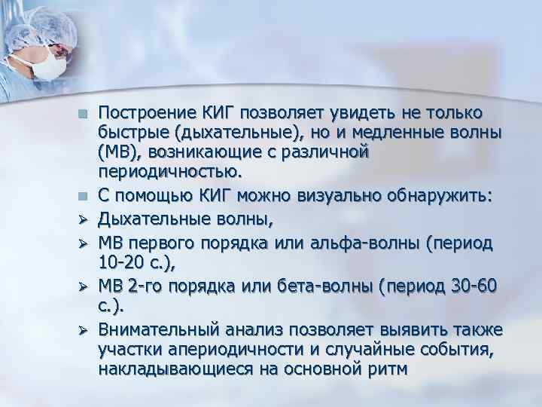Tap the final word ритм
point(385,369)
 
